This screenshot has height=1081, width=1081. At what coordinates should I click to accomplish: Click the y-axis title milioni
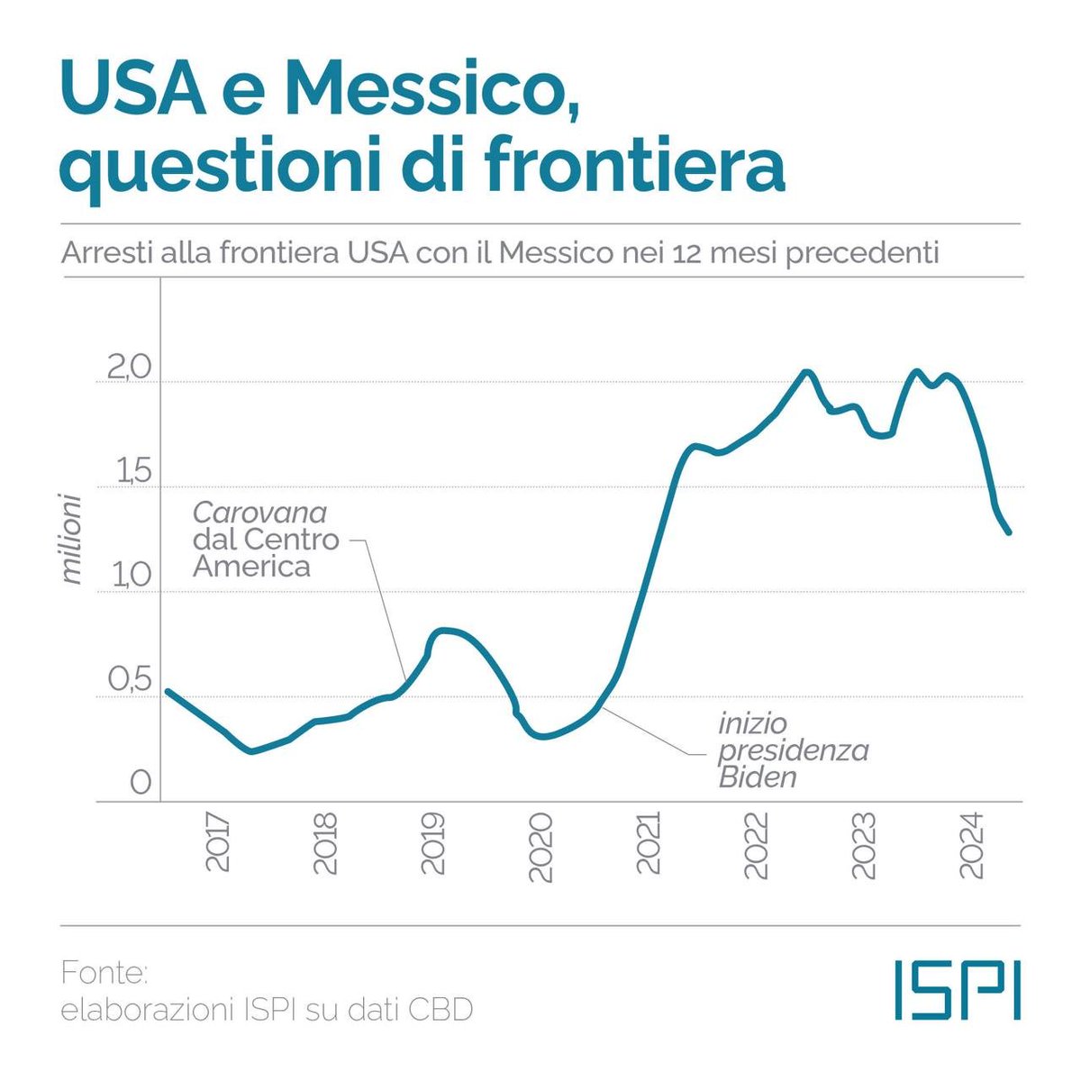pyautogui.click(x=71, y=537)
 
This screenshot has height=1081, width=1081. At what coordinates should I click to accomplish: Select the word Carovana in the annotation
pyautogui.click(x=259, y=513)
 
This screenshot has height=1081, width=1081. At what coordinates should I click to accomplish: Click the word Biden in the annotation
pyautogui.click(x=758, y=777)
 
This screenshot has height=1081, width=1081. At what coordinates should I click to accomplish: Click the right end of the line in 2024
pyautogui.click(x=1009, y=532)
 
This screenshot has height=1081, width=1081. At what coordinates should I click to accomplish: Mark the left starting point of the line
pyautogui.click(x=168, y=691)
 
